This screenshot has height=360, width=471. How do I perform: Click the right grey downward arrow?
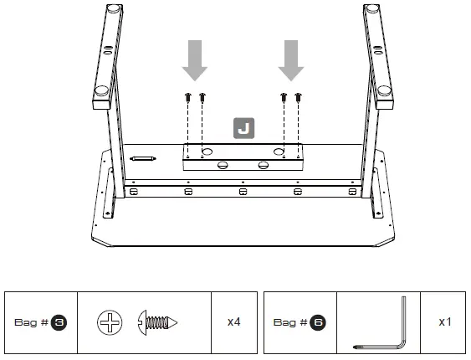(291, 59)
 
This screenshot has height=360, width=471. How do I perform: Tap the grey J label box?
(244, 128)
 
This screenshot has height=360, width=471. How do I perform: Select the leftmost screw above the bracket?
(188, 99)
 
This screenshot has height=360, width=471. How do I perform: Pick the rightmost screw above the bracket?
(299, 99)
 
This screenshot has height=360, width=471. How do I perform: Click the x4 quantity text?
(234, 321)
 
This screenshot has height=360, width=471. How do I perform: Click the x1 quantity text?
(446, 321)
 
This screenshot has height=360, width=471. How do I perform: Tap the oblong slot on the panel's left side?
(143, 157)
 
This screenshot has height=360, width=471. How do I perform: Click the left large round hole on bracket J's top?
(207, 151)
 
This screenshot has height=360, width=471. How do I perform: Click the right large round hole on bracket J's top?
(278, 151)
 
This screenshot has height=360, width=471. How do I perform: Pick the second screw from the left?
(202, 99)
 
